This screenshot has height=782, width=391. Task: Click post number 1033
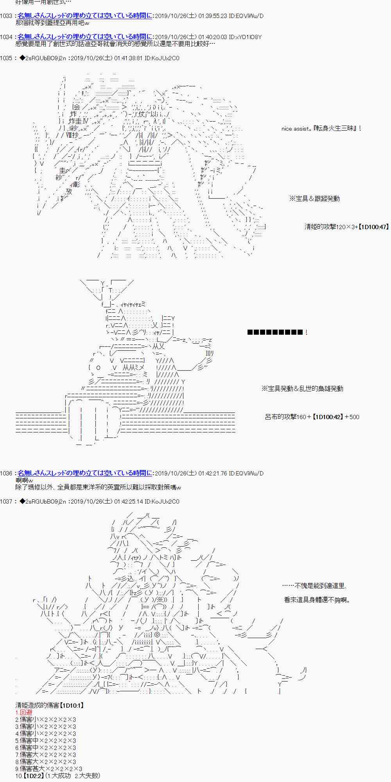point(7,16)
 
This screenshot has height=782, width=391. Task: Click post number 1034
point(7,37)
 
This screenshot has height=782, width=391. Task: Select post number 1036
point(7,473)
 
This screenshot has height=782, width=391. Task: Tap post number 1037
point(7,501)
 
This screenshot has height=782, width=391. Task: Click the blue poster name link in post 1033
point(85,16)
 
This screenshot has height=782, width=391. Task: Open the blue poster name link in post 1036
point(85,473)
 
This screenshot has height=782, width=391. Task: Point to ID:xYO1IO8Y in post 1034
point(245,37)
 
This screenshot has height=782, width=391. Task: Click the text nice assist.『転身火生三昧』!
point(321,129)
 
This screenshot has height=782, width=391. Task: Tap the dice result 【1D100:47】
point(373,227)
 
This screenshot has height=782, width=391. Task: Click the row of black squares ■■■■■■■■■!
point(277,333)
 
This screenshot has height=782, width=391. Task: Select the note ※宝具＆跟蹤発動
point(314,199)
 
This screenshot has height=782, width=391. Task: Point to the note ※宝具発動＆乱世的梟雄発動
point(302,389)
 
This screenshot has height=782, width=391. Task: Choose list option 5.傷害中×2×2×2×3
point(46,741)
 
